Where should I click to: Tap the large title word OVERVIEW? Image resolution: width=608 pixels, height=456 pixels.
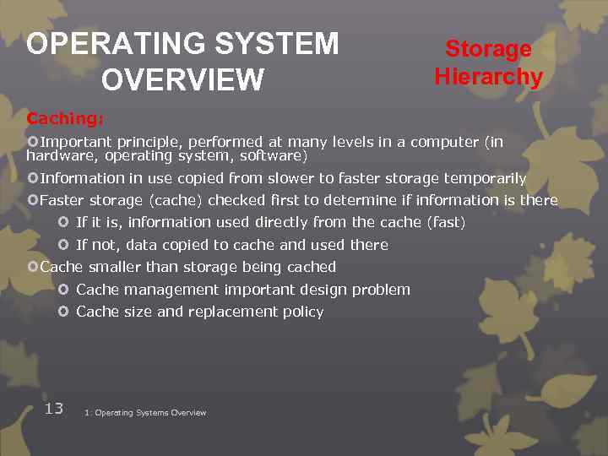click(182, 80)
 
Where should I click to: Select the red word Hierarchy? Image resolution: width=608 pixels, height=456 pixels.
click(488, 77)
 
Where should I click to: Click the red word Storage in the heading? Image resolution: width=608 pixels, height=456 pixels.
click(488, 49)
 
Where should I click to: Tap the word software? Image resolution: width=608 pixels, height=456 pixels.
click(271, 156)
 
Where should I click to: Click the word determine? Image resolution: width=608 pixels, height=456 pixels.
click(357, 200)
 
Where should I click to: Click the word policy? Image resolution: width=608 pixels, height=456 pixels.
click(304, 312)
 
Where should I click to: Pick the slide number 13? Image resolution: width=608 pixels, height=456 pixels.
click(54, 409)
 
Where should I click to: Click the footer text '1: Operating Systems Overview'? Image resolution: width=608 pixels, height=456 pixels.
click(145, 413)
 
